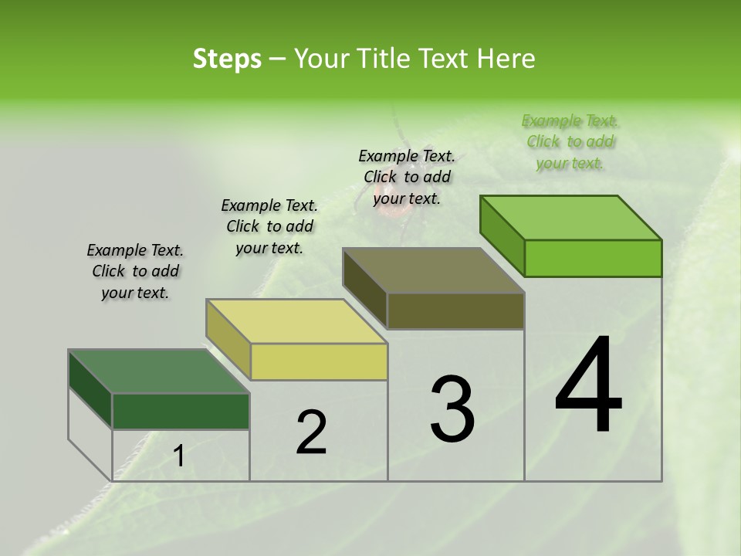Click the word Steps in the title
tap(226, 59)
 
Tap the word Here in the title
tap(506, 59)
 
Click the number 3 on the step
tap(452, 409)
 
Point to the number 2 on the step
tap(311, 432)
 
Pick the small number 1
tap(179, 456)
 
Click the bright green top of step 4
tap(570, 217)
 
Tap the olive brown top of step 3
tap(433, 270)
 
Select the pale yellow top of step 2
tap(296, 321)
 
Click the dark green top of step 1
tap(159, 371)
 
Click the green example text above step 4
tap(570, 142)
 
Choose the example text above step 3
tap(407, 177)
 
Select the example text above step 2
tap(269, 226)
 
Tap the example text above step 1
tap(135, 271)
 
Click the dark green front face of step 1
tap(181, 412)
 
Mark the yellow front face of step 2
tap(319, 361)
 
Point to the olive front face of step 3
tap(455, 311)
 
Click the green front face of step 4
tap(593, 258)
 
